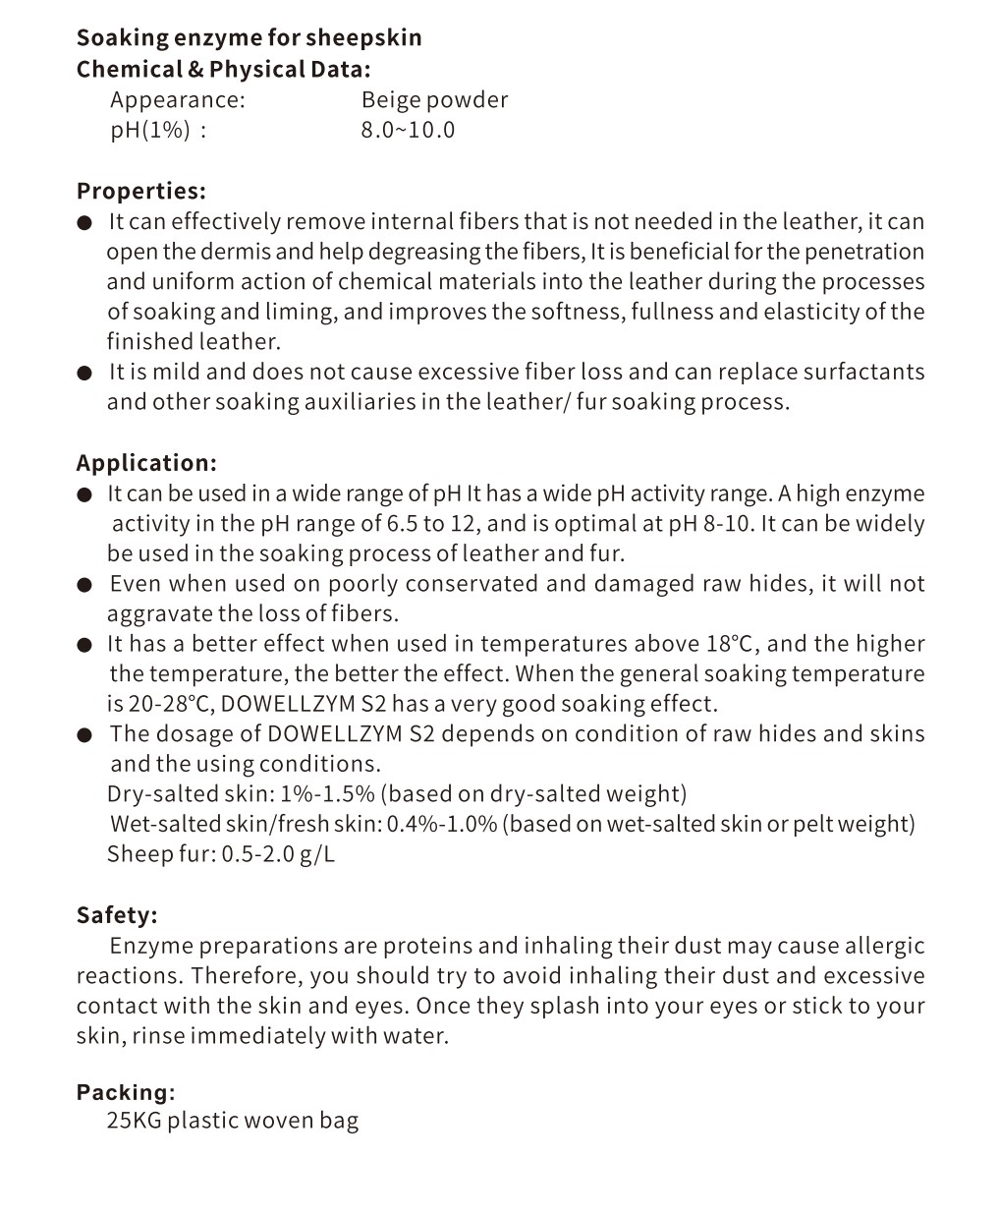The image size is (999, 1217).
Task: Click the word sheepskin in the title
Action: [x=363, y=38]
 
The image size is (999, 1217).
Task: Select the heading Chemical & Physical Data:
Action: [x=224, y=69]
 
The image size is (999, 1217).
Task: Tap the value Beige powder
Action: [x=434, y=100]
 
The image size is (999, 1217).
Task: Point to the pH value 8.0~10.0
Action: [x=408, y=130]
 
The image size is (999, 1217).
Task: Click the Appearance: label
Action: [x=178, y=100]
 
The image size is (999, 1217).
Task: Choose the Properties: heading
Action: [x=141, y=191]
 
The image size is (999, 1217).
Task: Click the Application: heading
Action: [x=146, y=463]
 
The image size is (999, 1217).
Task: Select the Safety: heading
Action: [x=117, y=915]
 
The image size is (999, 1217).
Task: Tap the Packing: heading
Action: [x=126, y=1092]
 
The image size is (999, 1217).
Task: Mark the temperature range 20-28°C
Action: [x=164, y=704]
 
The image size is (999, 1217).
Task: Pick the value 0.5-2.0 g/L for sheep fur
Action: [x=278, y=853]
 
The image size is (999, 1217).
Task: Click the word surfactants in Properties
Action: [x=863, y=372]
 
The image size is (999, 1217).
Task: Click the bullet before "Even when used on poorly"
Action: [x=85, y=585]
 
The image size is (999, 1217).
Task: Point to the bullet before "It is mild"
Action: [x=85, y=373]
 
